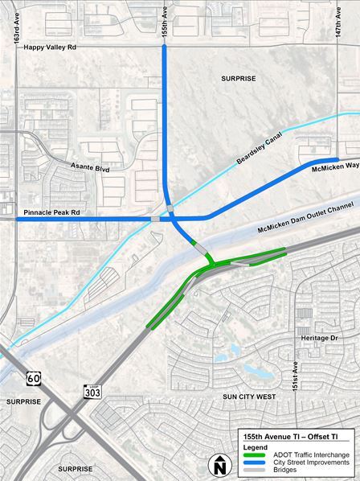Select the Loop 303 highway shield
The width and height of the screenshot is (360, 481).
tap(92, 391)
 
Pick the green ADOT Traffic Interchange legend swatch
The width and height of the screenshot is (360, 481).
tap(248, 454)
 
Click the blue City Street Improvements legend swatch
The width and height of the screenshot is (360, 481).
tap(248, 462)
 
